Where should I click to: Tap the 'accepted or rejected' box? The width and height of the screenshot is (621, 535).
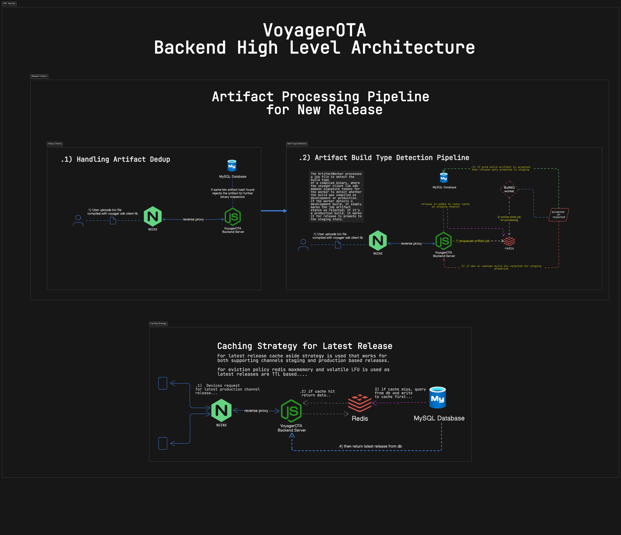click(x=559, y=215)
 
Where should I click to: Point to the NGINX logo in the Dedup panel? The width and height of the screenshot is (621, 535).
click(x=153, y=216)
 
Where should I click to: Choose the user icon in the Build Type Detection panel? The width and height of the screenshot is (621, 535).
click(x=303, y=245)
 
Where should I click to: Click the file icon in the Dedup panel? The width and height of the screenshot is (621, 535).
click(x=113, y=221)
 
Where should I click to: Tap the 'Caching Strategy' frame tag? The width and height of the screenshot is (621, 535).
click(x=158, y=324)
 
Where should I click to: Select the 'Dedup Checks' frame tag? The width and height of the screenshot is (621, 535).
click(x=55, y=144)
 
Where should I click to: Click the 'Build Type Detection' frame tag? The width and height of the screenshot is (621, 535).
click(x=297, y=144)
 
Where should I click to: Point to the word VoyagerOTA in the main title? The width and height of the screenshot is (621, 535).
click(x=314, y=30)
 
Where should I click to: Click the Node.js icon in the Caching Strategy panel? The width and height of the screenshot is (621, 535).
click(x=291, y=411)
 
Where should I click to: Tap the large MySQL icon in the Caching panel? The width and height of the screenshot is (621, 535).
click(x=438, y=398)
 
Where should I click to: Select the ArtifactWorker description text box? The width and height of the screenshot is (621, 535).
click(x=336, y=197)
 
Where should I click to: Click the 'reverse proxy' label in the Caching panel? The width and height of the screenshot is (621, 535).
click(x=256, y=411)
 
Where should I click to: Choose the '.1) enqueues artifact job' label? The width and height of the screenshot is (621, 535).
click(x=472, y=241)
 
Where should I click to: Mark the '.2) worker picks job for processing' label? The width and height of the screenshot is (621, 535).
click(x=509, y=219)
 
